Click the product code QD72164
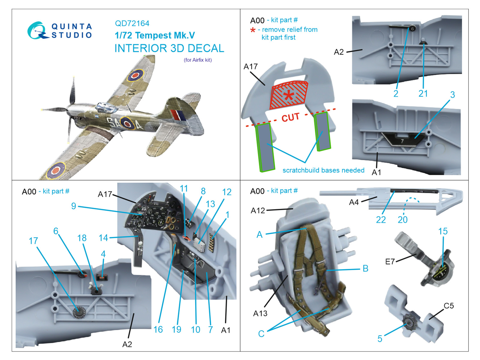pos(132,23)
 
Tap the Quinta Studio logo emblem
pos(37,31)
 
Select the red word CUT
pos(290,117)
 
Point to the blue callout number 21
pos(423,94)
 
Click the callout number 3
pos(452,95)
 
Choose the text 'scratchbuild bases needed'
pos(323,170)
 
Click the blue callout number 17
pos(33,241)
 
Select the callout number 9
pos(73,206)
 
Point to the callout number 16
pos(158,329)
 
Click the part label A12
pos(258,211)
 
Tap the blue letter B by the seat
pos(365,268)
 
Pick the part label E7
pos(390,262)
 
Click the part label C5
pos(448,306)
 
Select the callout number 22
pos(381,220)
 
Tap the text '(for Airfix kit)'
pos(198,60)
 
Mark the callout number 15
pos(443,231)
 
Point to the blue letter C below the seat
pos(261,334)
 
